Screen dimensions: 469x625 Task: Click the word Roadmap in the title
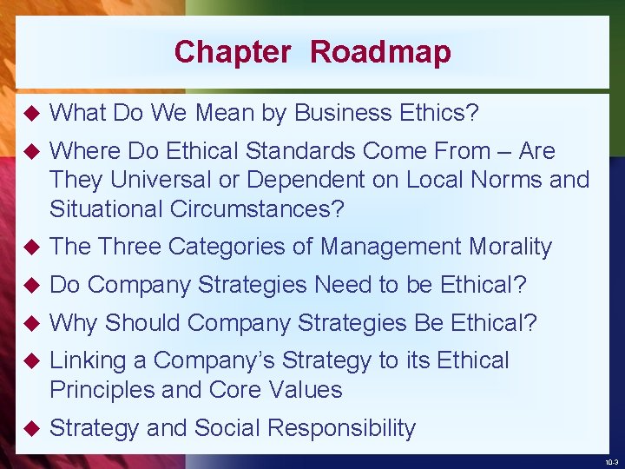380,52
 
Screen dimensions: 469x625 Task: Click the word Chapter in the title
233,52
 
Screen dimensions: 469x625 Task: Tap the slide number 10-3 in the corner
611,462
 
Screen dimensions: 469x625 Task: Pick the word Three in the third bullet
129,247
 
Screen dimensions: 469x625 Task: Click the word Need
340,285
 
